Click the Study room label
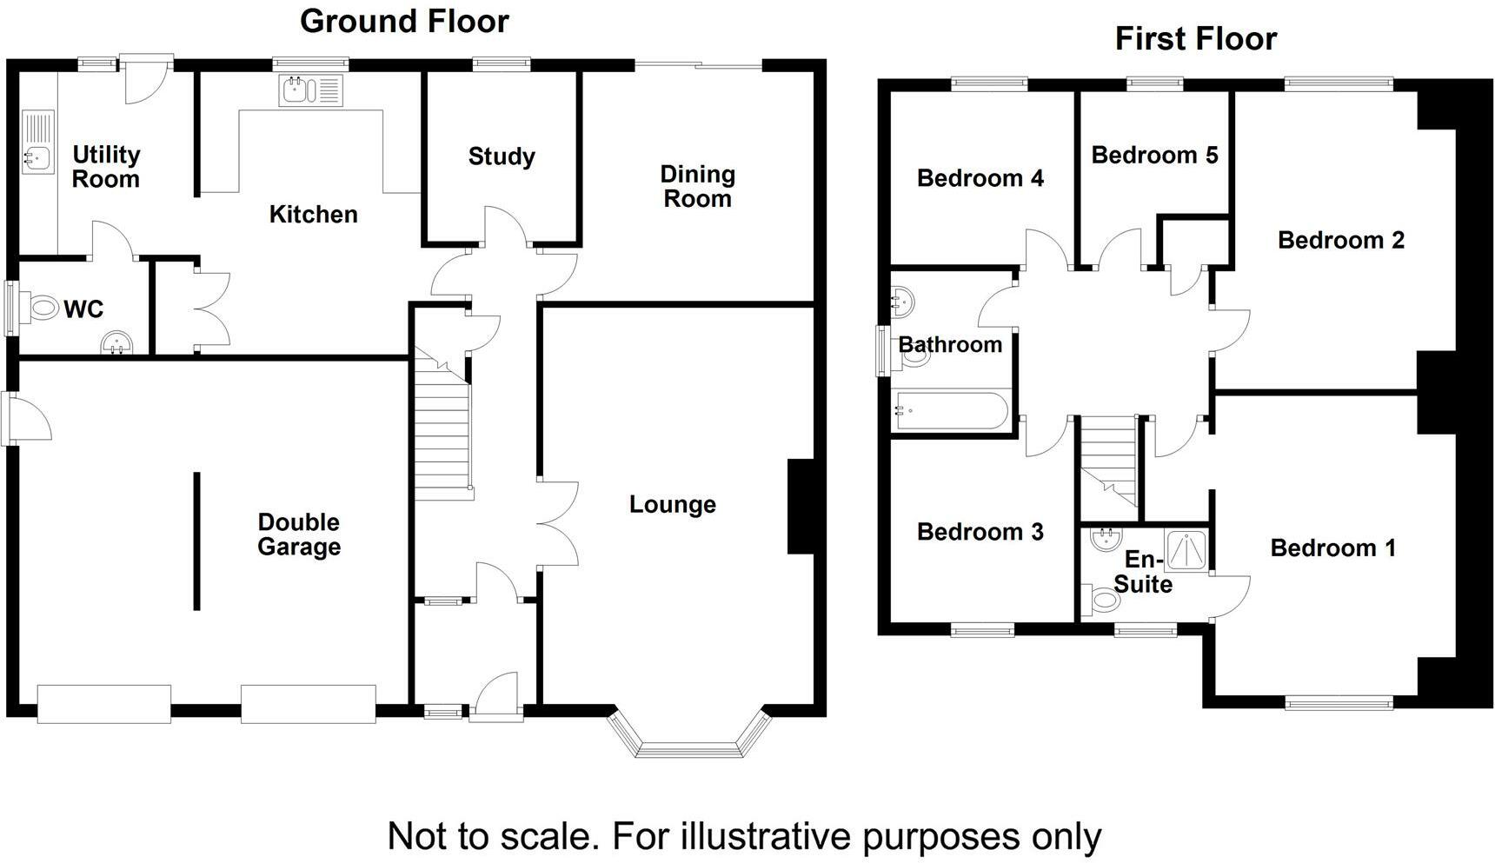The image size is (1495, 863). (502, 156)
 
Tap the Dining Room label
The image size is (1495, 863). (697, 186)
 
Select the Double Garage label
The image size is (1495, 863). (298, 534)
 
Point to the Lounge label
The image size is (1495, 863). (673, 504)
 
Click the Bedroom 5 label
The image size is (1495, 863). (1154, 155)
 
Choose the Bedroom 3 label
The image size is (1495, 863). (980, 531)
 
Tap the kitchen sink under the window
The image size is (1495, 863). (311, 90)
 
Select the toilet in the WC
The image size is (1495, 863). (42, 308)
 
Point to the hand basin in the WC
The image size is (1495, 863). (116, 344)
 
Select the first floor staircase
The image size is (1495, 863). (1108, 461)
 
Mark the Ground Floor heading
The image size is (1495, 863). (404, 21)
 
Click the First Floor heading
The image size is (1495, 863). (1196, 39)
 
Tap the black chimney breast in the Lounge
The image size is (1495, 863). (801, 507)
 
